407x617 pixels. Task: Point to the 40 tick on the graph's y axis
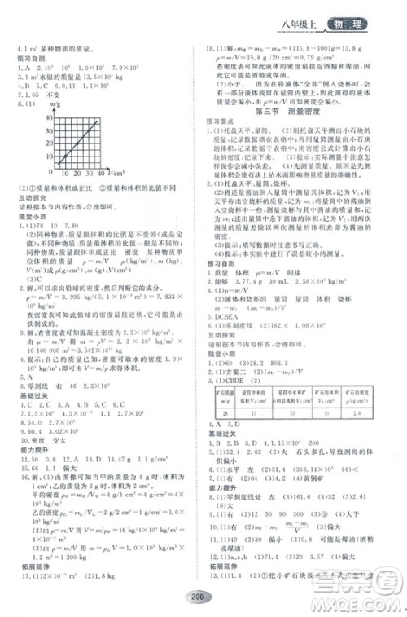point(53,119)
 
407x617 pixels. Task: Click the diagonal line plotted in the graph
point(84,139)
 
